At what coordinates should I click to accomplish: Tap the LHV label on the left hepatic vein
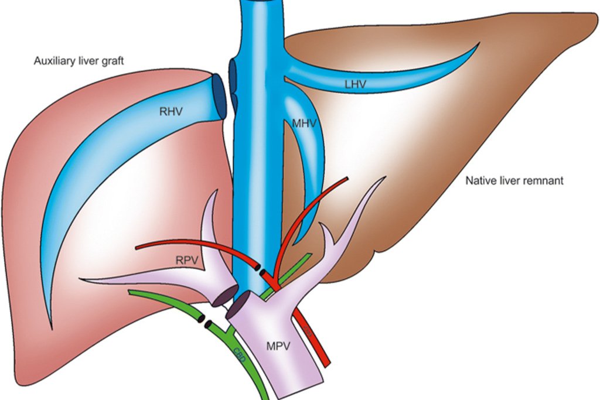pos(355,85)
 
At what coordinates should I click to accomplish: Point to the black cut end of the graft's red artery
pos(258,267)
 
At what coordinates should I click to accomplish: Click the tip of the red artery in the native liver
pos(349,178)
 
